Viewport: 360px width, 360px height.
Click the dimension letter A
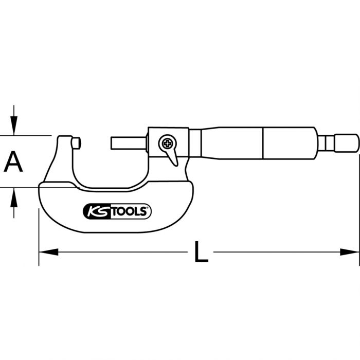pyautogui.click(x=14, y=162)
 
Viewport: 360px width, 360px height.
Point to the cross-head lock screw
pyautogui.click(x=167, y=142)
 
